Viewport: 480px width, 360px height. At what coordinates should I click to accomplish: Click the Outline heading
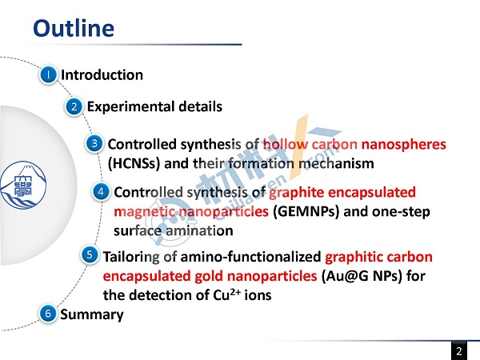click(74, 28)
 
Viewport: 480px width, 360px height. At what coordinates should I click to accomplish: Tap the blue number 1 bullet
click(48, 74)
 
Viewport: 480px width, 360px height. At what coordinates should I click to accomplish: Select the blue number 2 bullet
click(74, 106)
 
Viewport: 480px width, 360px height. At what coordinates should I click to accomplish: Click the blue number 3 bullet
click(94, 143)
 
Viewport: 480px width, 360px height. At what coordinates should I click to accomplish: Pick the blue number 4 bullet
click(101, 192)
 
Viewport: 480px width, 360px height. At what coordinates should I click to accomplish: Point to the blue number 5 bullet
click(90, 254)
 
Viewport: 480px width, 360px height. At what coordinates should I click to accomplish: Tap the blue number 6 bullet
click(48, 314)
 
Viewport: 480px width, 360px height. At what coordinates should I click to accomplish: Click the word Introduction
click(102, 75)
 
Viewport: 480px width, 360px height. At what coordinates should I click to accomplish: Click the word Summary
click(92, 315)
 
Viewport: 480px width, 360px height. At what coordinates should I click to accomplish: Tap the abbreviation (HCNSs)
click(134, 163)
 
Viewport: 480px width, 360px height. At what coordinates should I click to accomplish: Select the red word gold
click(209, 276)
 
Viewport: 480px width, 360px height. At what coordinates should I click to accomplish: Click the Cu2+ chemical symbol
click(226, 294)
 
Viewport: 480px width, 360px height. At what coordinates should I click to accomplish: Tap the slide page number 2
click(459, 351)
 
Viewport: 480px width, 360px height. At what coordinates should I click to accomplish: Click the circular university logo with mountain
click(23, 186)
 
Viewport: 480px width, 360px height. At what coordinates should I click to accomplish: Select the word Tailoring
click(131, 258)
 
